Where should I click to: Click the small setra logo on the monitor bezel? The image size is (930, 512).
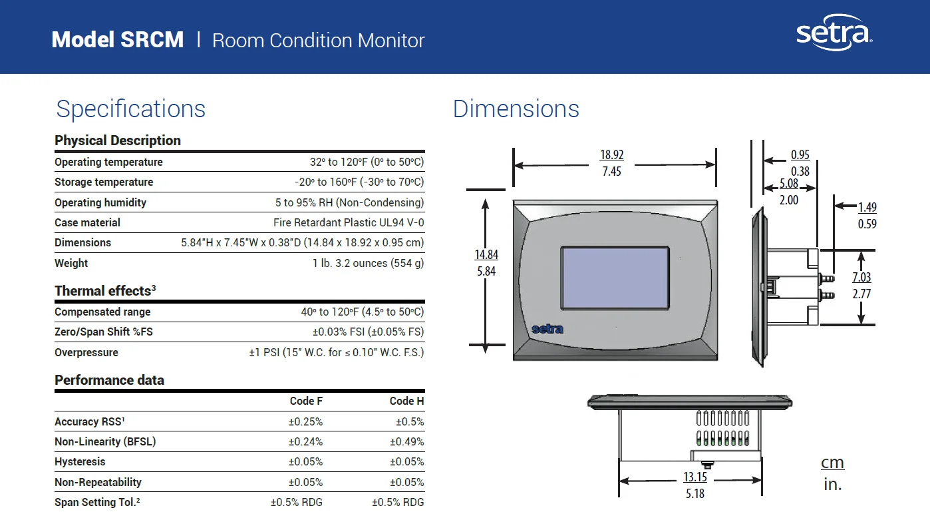tap(547, 329)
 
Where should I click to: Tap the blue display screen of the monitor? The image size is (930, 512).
tap(615, 278)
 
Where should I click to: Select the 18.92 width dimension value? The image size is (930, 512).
tap(611, 155)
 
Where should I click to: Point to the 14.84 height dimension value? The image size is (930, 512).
tap(486, 254)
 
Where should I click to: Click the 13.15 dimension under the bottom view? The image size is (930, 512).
tap(695, 477)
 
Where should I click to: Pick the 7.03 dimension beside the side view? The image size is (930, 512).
tap(861, 277)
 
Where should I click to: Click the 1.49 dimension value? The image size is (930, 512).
tap(867, 208)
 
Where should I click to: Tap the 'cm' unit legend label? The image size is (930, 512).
tap(832, 463)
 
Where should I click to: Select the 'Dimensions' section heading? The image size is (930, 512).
tap(516, 109)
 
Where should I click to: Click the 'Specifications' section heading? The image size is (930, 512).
tap(131, 109)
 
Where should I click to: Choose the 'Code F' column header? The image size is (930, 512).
tap(306, 401)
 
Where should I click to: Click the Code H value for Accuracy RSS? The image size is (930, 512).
tap(410, 421)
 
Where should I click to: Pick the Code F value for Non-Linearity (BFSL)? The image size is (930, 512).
tap(305, 441)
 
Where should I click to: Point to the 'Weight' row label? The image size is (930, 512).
tap(71, 263)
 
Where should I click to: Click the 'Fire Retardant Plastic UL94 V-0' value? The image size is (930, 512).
tap(349, 222)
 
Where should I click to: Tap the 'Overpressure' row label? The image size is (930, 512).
tap(86, 352)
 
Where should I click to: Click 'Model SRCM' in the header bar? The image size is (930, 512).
tap(118, 40)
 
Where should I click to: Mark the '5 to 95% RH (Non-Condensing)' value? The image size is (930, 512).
tap(349, 202)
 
